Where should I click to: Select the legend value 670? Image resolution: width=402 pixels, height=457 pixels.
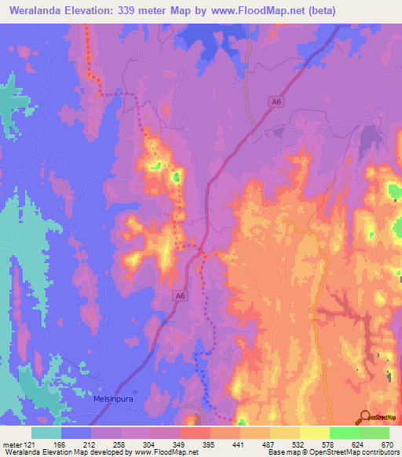click(386, 444)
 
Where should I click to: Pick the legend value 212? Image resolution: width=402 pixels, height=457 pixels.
click(87, 444)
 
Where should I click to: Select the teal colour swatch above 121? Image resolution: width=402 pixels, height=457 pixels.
click(46, 433)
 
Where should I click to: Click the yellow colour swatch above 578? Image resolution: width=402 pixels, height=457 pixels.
click(315, 433)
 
